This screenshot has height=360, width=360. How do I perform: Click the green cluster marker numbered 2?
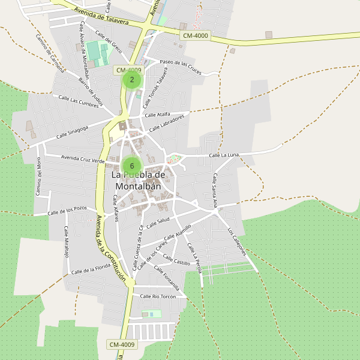[x=132, y=79]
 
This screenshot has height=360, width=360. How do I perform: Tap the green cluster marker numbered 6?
[x=132, y=166]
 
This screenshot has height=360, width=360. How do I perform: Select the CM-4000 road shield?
[x=195, y=36]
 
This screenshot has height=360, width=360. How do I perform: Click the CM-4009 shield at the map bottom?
[x=122, y=344]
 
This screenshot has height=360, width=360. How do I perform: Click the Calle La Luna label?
[x=224, y=155]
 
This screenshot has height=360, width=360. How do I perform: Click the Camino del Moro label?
[x=38, y=175]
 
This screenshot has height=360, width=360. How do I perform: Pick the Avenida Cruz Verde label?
[x=83, y=159]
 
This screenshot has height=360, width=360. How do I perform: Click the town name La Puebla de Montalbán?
[x=138, y=180]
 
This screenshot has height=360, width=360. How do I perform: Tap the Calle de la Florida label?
[x=91, y=268]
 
